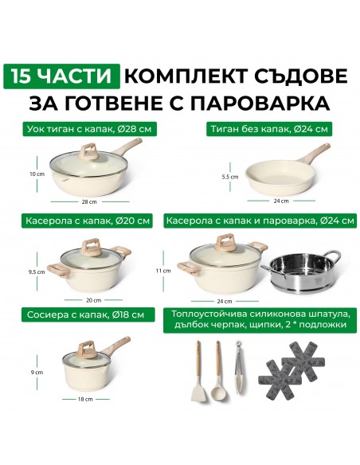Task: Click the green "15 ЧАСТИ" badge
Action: tap(61, 76)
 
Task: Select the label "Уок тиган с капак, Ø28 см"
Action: tap(89, 129)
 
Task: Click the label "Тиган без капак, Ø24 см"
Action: tap(269, 129)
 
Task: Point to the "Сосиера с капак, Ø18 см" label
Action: tap(88, 315)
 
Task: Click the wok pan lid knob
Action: tap(89, 151)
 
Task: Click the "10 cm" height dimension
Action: tap(37, 174)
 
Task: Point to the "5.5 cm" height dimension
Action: tap(230, 177)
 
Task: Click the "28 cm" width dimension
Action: tap(89, 202)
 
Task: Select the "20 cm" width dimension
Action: tap(94, 300)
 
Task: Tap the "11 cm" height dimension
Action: tap(163, 271)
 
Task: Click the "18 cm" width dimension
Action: tap(85, 399)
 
